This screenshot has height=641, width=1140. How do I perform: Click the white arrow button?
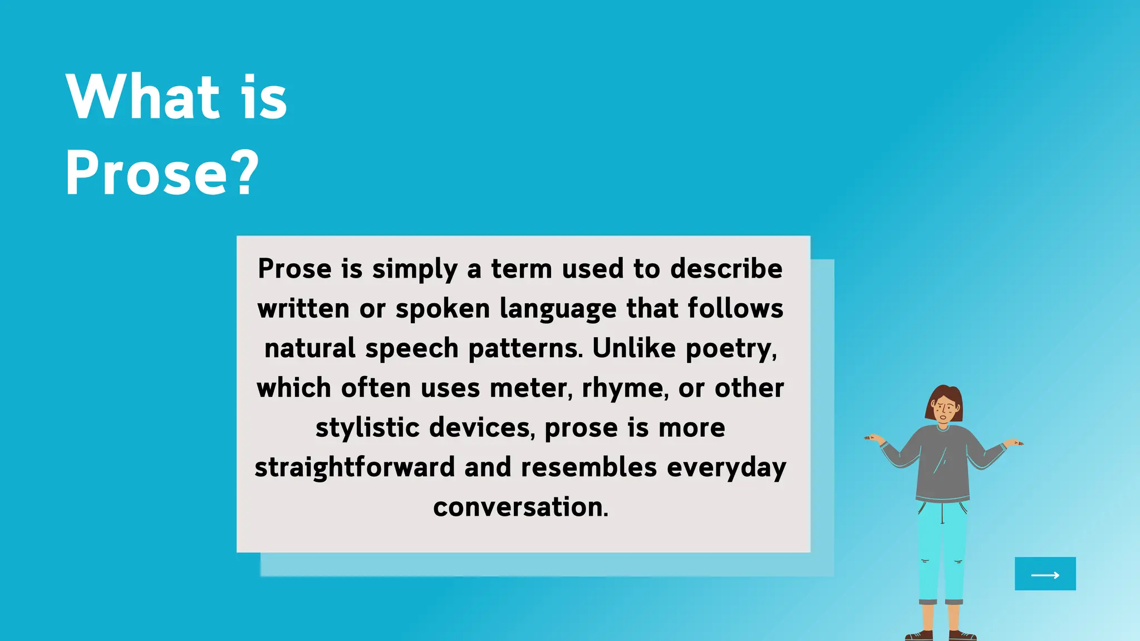click(1045, 574)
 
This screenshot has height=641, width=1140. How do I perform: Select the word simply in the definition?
click(415, 269)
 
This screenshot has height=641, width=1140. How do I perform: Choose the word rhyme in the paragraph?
click(625, 388)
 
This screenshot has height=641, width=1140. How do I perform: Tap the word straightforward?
click(355, 467)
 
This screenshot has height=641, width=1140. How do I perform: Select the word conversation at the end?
click(520, 507)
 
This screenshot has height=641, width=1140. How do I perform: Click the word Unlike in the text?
click(633, 348)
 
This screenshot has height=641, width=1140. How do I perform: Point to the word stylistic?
click(367, 428)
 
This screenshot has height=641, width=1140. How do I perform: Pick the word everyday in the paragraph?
click(726, 468)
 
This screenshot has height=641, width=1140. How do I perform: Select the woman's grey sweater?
click(943, 462)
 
